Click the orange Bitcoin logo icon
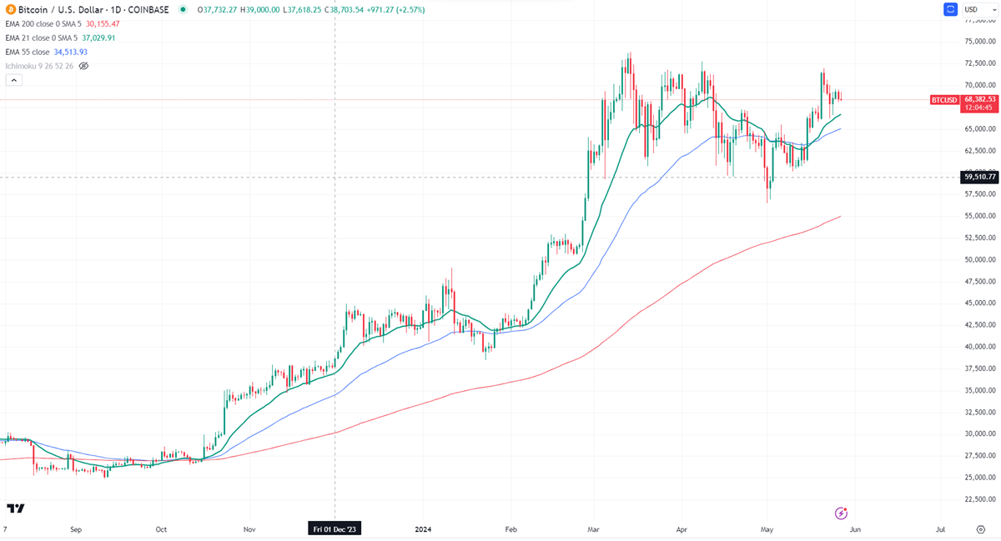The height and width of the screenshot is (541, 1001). pos(10,9)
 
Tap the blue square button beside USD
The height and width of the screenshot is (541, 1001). pos(950,10)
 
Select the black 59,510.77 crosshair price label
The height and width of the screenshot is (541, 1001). pos(980,177)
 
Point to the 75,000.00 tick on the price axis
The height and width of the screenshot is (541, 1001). pos(980,42)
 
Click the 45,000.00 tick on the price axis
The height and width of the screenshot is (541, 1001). pos(980,303)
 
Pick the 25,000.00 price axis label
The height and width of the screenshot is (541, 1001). pos(980,478)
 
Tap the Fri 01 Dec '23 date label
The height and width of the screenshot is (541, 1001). pos(335,528)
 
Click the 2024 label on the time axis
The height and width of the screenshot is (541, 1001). pos(422,528)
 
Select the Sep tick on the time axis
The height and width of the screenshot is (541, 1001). pos(76,528)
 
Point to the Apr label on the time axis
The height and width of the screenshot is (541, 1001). pos(682,528)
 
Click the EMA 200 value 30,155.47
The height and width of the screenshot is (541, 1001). pos(104,24)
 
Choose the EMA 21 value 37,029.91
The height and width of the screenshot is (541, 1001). pos(98,38)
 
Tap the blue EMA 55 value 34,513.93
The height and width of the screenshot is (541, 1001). pos(71,52)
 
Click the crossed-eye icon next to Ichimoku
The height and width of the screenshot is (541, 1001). pos(83,66)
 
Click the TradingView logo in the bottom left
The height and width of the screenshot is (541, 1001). pos(15,508)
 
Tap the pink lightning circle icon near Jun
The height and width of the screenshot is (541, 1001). pos(842,513)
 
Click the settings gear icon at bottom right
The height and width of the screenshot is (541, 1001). pos(981,528)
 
